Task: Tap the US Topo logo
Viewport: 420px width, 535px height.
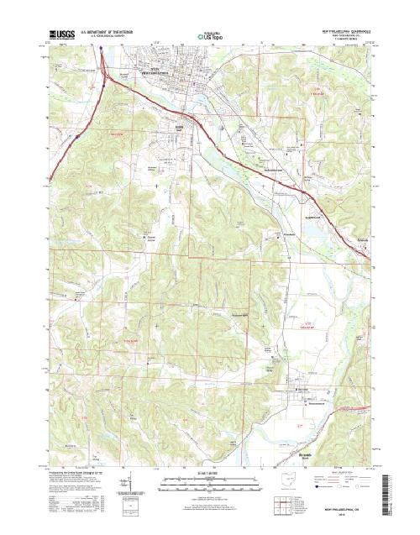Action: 210,37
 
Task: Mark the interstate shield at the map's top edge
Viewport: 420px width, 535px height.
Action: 102,50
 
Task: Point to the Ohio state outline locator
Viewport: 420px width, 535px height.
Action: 289,483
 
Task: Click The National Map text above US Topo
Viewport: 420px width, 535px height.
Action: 210,31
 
